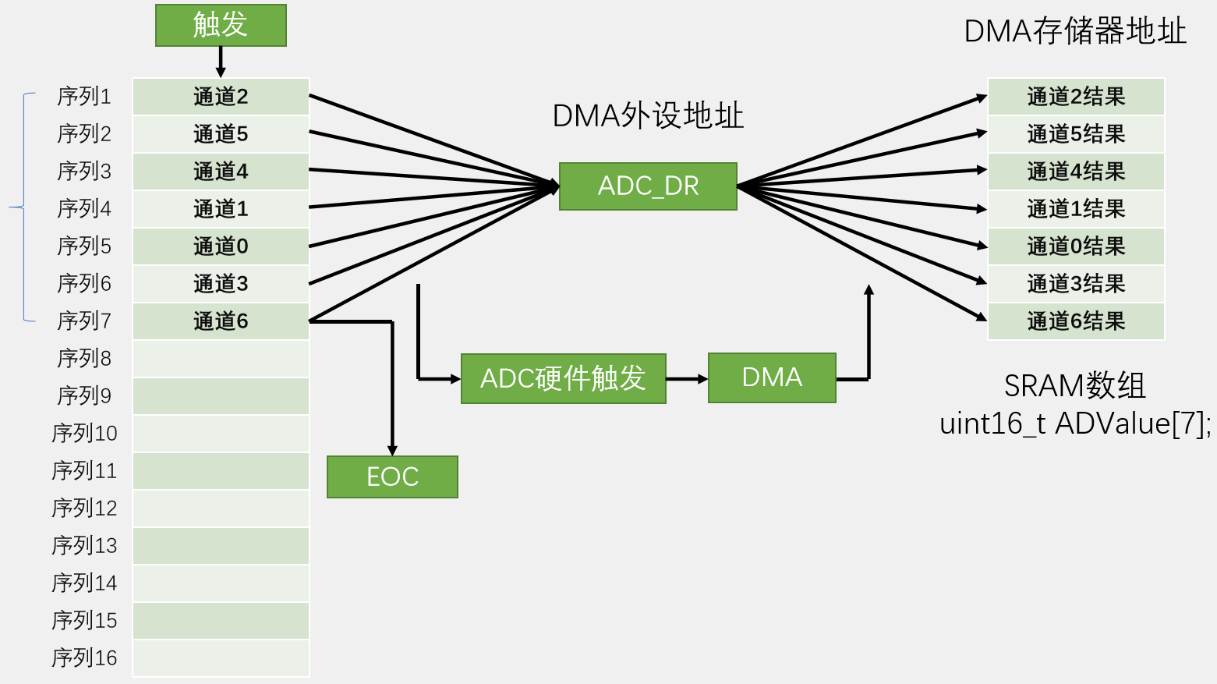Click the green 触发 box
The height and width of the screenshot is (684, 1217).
tap(221, 25)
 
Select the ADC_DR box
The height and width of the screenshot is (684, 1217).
tap(648, 186)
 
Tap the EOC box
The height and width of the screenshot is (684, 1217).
tap(392, 477)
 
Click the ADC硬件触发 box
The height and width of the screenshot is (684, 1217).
tap(563, 378)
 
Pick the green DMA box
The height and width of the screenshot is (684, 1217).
tap(772, 377)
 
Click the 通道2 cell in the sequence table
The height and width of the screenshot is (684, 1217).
tap(221, 97)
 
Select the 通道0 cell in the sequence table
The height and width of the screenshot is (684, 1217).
tap(221, 246)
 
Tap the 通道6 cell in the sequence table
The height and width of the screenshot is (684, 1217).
tap(221, 321)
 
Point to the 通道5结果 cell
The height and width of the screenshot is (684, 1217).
tap(1076, 134)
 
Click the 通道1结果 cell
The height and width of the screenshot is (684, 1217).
tap(1076, 209)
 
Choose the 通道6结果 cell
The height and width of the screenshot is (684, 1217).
tap(1076, 321)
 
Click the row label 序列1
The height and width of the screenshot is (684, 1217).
tap(84, 97)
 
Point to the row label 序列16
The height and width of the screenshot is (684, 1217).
tap(84, 657)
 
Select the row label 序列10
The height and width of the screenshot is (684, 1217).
tap(84, 433)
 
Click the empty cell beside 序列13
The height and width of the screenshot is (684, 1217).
tap(221, 546)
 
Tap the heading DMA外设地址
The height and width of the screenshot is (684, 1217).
tap(648, 116)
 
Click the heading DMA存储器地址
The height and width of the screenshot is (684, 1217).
tap(1075, 32)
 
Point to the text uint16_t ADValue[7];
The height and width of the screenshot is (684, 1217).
tap(1075, 424)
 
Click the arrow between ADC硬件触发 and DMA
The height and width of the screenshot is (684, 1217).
tap(687, 379)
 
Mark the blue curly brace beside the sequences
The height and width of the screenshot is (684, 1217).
tap(23, 207)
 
